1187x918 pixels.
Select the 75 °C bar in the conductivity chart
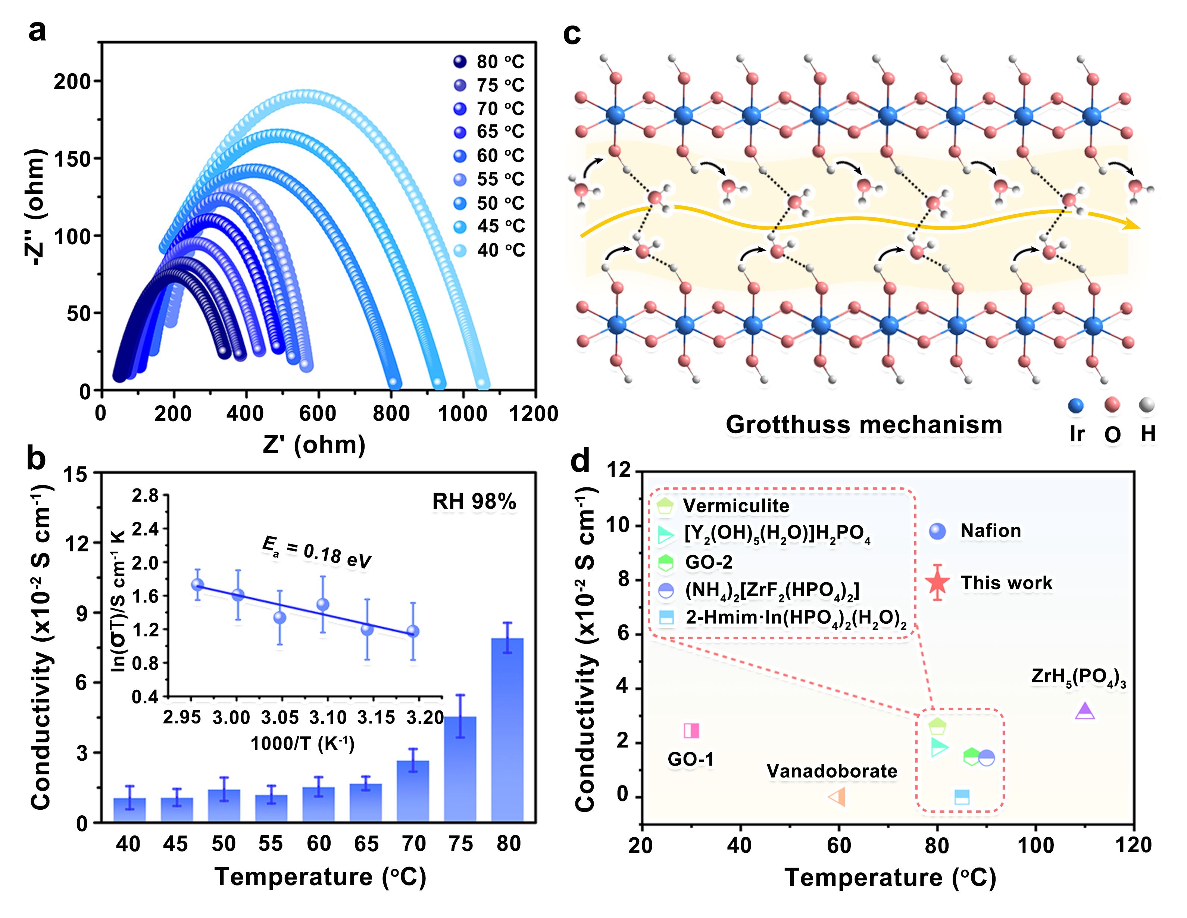pos(460,769)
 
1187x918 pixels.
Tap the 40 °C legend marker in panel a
pos(460,251)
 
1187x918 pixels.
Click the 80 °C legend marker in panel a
pos(460,62)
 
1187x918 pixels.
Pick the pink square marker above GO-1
pos(691,731)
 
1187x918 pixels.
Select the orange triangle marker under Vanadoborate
pos(837,797)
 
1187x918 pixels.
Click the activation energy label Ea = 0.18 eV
pos(316,552)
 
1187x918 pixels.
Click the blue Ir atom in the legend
pos(1075,406)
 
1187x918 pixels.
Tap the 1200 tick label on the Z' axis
pos(533,414)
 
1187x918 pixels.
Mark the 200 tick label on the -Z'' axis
pos(72,81)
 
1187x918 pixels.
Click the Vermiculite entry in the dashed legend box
pos(735,506)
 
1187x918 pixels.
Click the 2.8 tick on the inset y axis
pos(145,496)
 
